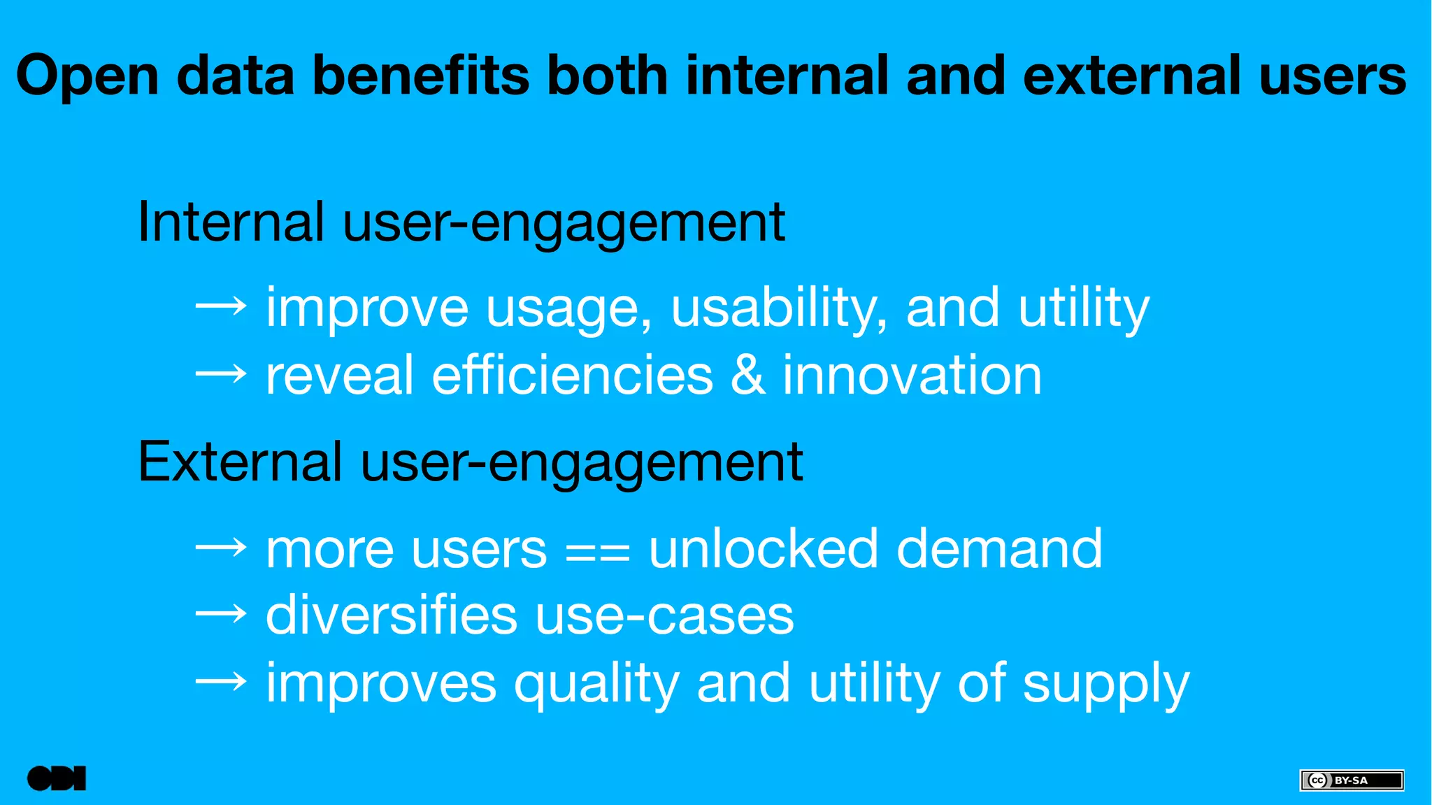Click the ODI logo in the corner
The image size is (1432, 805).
[x=57, y=778]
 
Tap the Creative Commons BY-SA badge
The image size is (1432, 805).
[x=1351, y=780]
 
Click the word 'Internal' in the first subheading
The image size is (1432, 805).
[x=231, y=222]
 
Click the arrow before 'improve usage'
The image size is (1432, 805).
[x=221, y=306]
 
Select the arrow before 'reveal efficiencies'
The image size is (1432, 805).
[x=221, y=374]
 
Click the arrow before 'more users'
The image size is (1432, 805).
[x=221, y=548]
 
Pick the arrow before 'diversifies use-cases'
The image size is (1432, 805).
[x=221, y=615]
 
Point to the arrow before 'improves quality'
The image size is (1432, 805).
[x=221, y=682]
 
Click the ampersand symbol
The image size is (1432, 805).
[x=747, y=376]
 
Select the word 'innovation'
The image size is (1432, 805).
[x=912, y=376]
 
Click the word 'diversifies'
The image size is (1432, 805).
[x=391, y=615]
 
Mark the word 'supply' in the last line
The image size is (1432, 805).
[x=1105, y=685]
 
